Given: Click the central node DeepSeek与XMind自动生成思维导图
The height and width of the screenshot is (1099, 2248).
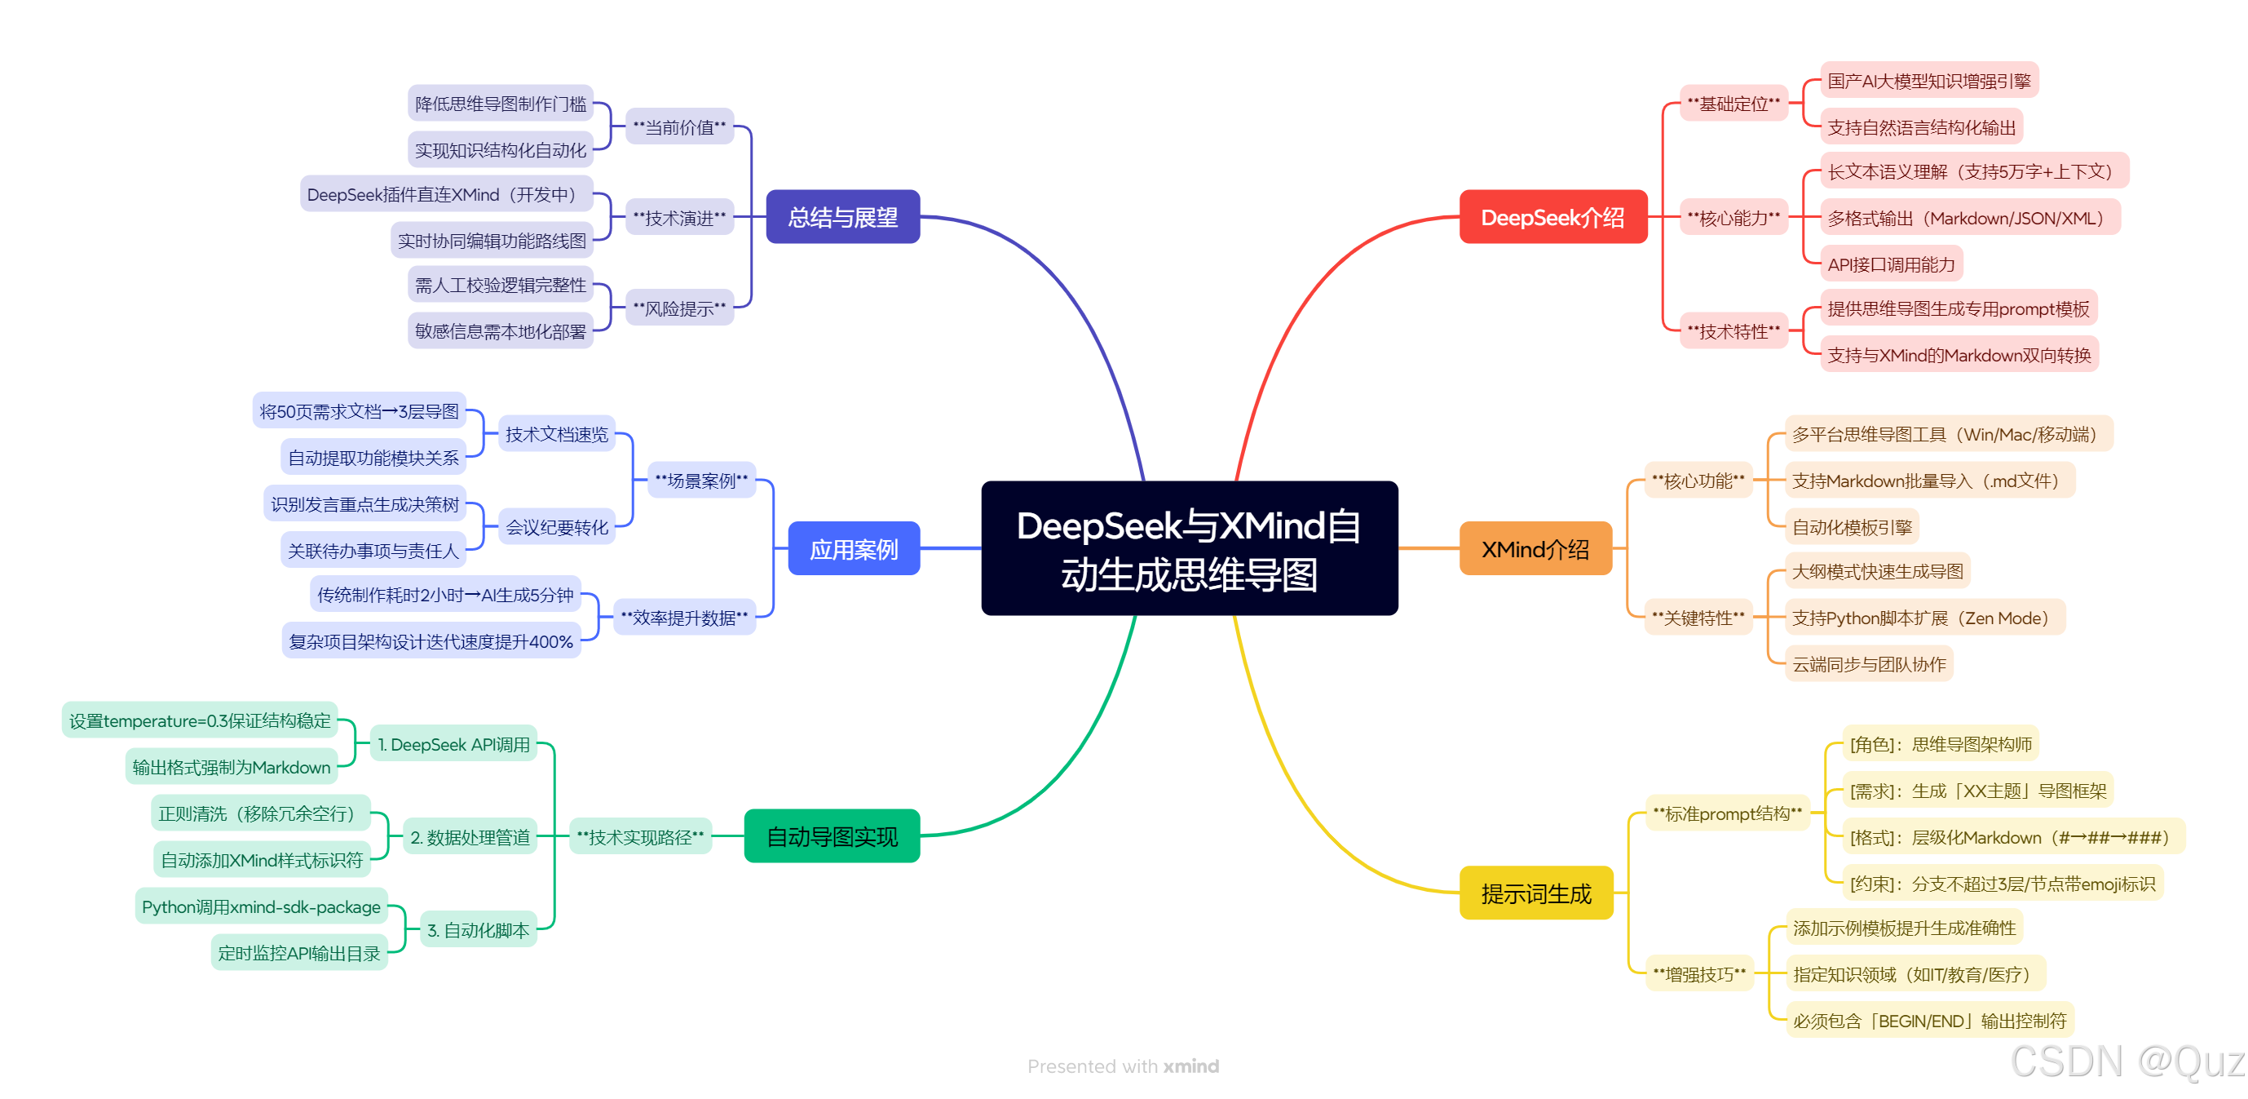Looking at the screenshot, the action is click(x=1189, y=548).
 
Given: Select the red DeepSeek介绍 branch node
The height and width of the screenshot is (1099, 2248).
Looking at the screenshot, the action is click(x=1552, y=216).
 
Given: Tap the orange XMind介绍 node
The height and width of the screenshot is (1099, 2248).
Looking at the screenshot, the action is click(x=1535, y=548).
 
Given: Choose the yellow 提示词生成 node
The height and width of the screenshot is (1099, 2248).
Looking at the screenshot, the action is click(x=1536, y=893).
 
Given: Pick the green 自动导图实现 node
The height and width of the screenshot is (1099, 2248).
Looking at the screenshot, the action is click(x=832, y=836).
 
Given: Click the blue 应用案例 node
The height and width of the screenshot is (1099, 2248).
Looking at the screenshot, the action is click(x=854, y=548).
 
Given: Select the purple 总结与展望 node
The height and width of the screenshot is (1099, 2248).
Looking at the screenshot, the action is click(x=842, y=216).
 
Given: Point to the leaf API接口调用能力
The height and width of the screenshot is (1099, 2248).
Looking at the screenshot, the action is click(x=1890, y=264).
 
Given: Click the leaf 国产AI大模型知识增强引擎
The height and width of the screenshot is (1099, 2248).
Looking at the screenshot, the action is click(x=1928, y=80).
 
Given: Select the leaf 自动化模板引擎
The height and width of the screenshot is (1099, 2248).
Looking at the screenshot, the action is click(x=1851, y=526).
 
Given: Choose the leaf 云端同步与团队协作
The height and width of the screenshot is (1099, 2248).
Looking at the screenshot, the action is click(x=1868, y=664).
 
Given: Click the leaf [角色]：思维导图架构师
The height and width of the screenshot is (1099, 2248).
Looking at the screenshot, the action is click(x=1940, y=744).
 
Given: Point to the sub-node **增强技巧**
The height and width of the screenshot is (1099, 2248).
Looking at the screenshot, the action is click(x=1699, y=973).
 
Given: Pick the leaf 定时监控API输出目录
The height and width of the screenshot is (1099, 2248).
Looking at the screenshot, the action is click(x=298, y=952).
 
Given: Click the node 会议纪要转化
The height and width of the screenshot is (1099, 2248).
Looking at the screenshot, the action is click(x=557, y=526).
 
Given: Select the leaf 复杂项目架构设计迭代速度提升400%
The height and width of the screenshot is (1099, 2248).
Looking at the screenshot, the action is click(x=431, y=641).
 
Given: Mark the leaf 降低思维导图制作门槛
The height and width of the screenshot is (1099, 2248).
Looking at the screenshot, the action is click(x=500, y=103).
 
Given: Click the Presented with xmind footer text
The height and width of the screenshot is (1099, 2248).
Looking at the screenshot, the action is click(x=1123, y=1066).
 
